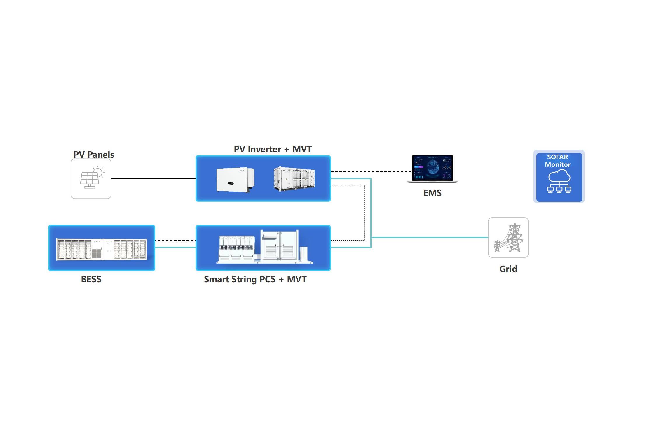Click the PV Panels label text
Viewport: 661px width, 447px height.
[94, 155]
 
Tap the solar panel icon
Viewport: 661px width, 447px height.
[91, 178]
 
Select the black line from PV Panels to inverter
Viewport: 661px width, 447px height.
[153, 178]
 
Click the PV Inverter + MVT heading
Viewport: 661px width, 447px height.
[273, 149]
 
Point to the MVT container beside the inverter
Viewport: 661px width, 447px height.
[294, 179]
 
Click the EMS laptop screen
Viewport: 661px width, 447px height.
[432, 167]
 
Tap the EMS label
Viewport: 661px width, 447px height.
[432, 193]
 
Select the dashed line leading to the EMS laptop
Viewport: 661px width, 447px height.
[371, 171]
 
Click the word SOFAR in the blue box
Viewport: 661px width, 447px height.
[557, 157]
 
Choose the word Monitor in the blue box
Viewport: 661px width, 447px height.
[557, 164]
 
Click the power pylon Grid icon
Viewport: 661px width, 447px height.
[508, 237]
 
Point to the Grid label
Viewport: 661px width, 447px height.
[508, 269]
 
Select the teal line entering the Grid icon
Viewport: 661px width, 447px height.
[429, 237]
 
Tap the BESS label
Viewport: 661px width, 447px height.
[91, 279]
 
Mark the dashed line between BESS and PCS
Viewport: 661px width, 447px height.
[175, 241]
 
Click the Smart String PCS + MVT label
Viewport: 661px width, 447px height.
[255, 279]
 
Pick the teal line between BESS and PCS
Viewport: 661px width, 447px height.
[175, 248]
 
